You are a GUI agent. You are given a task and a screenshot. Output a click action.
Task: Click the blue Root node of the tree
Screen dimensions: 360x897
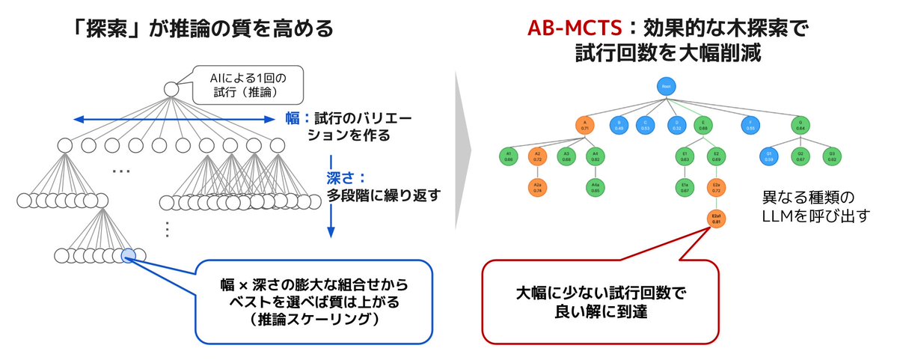tap(665, 86)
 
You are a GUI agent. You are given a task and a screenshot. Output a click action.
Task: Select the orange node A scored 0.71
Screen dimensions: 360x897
tap(584, 125)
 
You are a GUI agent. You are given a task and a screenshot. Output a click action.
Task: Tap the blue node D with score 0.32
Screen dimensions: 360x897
tap(676, 125)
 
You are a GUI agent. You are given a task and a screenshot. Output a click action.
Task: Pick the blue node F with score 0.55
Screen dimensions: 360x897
tap(747, 125)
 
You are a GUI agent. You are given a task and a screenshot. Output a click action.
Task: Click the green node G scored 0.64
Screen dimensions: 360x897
tap(800, 125)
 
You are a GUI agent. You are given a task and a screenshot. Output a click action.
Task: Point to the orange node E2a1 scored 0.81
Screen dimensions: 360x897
tap(717, 219)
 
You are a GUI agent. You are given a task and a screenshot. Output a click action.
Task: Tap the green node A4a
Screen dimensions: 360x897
tap(595, 188)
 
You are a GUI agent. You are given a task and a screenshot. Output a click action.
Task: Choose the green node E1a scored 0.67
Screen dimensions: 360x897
tap(685, 188)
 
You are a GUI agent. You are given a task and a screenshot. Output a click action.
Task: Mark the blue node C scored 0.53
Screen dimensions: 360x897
tap(646, 125)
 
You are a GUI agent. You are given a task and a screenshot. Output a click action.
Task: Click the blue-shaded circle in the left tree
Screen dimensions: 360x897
tap(128, 256)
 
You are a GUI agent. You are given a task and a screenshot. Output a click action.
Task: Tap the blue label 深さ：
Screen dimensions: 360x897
tap(346, 179)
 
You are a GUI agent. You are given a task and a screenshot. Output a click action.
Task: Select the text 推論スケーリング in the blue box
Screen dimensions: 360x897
tap(314, 320)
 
